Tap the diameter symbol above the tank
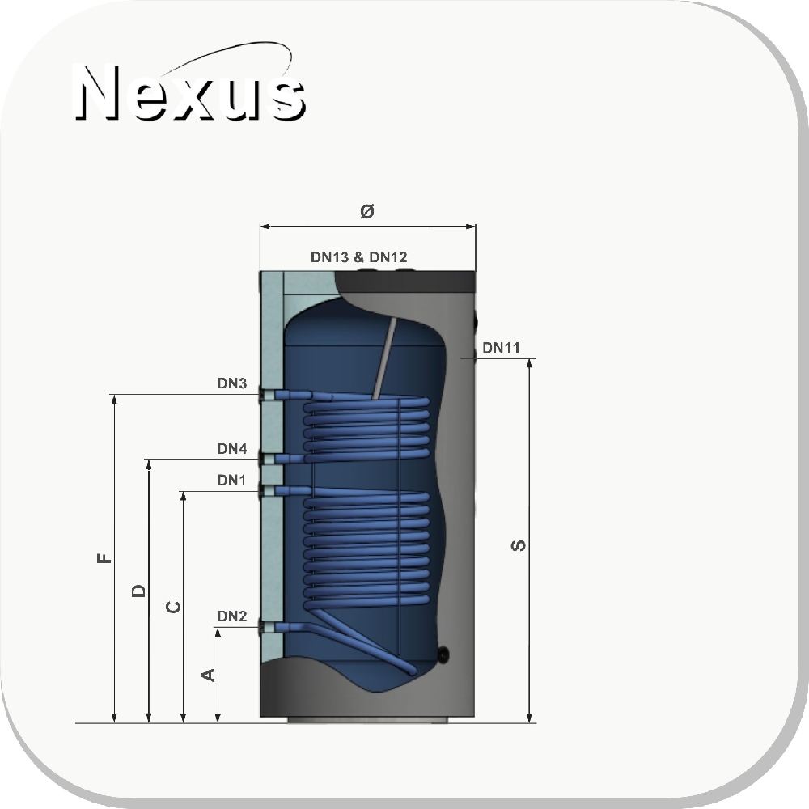coord(366,210)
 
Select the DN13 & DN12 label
coord(358,257)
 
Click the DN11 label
coord(501,348)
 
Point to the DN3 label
coord(231,383)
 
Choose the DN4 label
coord(231,449)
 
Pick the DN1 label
coord(231,481)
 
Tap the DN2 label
coord(231,616)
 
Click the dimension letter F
coord(104,557)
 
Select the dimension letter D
coord(138,591)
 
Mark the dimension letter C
coord(173,607)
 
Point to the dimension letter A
coord(207,675)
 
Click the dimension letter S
coord(518,545)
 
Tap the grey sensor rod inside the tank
coord(384,358)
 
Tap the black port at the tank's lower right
coord(443,654)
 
